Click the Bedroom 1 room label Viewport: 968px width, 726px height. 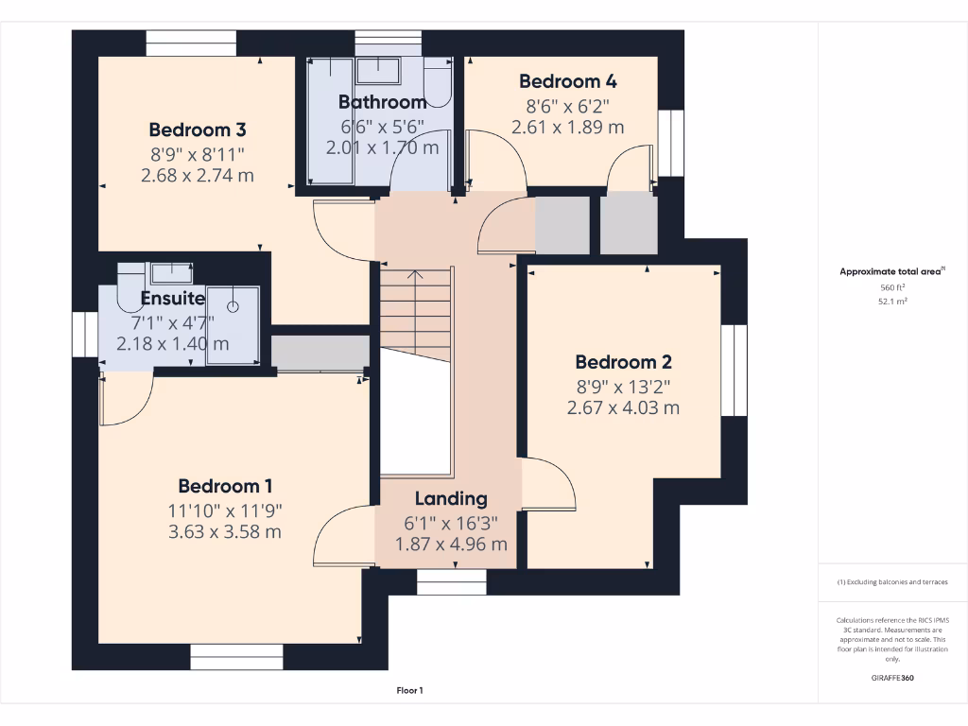point(225,487)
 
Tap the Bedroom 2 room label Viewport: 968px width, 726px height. point(624,362)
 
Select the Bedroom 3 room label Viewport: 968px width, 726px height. point(198,130)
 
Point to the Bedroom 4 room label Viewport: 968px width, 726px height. point(568,81)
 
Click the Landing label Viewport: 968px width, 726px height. point(451,499)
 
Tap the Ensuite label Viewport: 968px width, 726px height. point(173,298)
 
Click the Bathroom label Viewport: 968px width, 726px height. point(383,102)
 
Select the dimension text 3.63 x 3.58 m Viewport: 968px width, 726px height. point(225,531)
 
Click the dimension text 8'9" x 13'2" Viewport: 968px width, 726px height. point(624,387)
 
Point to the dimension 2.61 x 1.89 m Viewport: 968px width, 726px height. point(568,128)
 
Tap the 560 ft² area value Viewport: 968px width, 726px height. point(892,287)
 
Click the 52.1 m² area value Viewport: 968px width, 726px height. point(892,302)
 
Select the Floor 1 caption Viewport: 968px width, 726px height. point(410,691)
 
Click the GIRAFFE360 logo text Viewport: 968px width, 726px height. point(892,678)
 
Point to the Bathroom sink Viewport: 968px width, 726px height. point(378,70)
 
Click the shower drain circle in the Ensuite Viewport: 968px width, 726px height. point(233,307)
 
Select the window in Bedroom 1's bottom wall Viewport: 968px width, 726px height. point(236,657)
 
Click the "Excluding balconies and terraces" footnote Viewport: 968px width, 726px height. point(892,582)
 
